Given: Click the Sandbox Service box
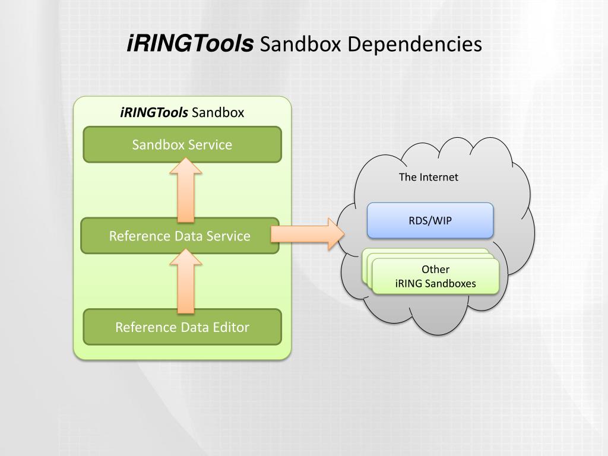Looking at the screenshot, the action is tap(182, 144).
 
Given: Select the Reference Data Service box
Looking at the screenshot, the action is tap(180, 236).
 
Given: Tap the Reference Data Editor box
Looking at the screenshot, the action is tap(182, 327).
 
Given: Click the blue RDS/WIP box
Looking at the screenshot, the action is tap(430, 220).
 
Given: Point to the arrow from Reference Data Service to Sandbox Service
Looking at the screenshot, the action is tap(186, 190).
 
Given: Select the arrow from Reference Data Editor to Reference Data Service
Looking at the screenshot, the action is tap(186, 281).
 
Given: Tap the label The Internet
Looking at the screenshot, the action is tap(429, 177).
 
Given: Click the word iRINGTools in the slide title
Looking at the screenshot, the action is tap(191, 43).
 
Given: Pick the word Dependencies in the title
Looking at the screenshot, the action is tap(414, 44).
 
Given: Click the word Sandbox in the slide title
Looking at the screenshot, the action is tap(300, 44).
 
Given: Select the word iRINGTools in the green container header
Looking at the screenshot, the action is tap(154, 112).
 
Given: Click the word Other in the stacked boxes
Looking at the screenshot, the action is tap(435, 270).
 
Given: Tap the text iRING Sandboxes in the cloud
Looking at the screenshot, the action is tap(435, 283).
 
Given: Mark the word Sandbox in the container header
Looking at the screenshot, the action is tap(218, 112).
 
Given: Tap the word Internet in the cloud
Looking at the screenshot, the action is tap(439, 177).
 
